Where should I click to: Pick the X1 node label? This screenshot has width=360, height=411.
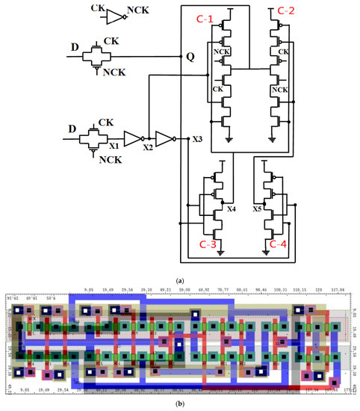pyautogui.click(x=112, y=148)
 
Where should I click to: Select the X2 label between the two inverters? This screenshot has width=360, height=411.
pyautogui.click(x=148, y=148)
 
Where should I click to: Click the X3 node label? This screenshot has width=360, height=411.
pyautogui.click(x=196, y=140)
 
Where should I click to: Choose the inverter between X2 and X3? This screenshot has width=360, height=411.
pyautogui.click(x=164, y=139)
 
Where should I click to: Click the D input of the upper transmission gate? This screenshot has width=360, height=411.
pyautogui.click(x=73, y=49)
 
